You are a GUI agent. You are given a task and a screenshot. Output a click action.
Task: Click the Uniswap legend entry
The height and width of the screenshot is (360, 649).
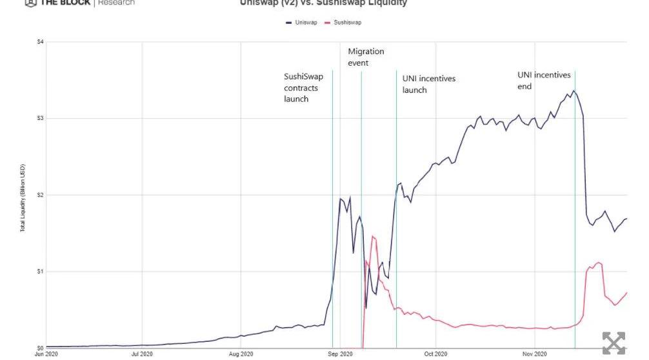pos(303,23)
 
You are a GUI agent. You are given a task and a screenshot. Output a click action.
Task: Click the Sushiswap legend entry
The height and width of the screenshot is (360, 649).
pos(344,23)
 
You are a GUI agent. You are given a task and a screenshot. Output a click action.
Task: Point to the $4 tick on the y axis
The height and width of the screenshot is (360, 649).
pos(40,42)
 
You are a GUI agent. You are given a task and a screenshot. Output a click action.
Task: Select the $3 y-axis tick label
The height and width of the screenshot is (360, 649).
pos(40,118)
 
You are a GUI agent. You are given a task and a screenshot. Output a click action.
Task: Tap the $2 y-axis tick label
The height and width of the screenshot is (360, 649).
pos(40,195)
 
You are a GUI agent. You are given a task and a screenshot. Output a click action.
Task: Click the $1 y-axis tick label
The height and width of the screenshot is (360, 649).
pos(40,271)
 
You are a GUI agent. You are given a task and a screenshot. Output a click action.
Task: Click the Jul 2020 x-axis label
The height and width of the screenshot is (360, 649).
pos(142,354)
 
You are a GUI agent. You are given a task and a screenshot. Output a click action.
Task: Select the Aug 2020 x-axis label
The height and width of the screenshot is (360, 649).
pos(241,354)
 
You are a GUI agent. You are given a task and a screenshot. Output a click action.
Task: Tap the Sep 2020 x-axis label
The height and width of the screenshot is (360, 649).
pos(340,354)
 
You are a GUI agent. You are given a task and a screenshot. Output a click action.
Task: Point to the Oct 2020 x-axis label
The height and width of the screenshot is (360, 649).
pos(435,354)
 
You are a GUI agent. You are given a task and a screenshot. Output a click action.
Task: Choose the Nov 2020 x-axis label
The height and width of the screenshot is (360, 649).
pos(535,354)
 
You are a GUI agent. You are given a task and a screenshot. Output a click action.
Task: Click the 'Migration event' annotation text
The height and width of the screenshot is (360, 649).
pos(366,57)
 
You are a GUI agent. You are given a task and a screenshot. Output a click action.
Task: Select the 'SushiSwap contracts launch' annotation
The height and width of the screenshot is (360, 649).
pos(303,88)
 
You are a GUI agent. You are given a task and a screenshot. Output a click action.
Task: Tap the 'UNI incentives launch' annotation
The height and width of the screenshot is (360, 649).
pos(428,84)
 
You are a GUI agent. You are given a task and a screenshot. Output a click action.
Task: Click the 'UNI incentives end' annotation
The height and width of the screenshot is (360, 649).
pos(544,80)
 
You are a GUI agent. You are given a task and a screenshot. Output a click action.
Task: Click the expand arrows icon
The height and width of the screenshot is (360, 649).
pos(614,343)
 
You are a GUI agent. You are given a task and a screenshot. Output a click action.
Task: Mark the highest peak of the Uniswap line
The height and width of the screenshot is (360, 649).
pos(574,90)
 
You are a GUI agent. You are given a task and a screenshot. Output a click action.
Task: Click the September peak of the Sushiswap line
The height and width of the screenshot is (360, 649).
pos(373,236)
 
